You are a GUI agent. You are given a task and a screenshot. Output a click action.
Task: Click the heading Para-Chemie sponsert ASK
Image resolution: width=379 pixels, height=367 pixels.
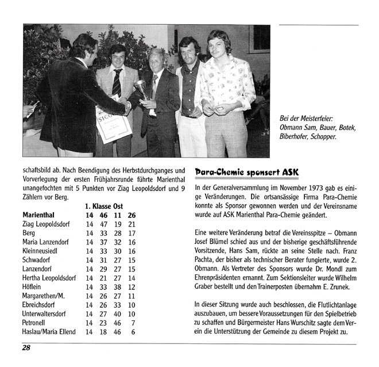click(x=246, y=172)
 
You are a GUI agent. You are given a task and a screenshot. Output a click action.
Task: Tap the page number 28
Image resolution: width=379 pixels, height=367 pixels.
click(x=28, y=347)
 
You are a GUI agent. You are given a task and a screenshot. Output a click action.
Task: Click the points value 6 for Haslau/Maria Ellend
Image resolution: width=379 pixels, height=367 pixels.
click(x=133, y=332)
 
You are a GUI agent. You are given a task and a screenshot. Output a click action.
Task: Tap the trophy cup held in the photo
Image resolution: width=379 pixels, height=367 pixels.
click(x=140, y=88)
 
